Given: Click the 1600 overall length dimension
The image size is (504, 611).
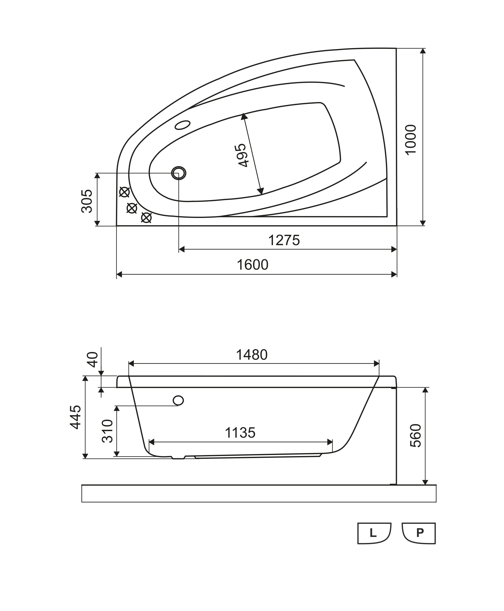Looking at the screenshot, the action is point(253,265).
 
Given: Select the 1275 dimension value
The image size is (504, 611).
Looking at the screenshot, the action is point(284,240).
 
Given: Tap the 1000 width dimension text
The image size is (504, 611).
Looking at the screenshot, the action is point(411,140).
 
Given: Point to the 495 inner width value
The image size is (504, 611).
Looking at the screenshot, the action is point(242,155).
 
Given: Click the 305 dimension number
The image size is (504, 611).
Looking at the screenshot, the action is point(86,201).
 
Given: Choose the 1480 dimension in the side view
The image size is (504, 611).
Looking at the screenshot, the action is point(252,355).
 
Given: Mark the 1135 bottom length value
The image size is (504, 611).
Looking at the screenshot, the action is point(240,433).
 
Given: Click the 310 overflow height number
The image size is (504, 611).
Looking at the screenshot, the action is point(107,431).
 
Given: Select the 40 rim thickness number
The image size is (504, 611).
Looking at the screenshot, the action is point(93,359).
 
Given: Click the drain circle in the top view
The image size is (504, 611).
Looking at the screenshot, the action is point(179,173).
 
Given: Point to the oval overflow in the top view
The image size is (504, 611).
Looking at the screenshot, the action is point(183,125).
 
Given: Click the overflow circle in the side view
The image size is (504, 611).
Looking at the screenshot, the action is point(178,401).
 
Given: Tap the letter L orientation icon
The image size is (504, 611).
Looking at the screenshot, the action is point(374,533).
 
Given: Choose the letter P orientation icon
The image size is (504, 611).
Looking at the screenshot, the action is point(419,533).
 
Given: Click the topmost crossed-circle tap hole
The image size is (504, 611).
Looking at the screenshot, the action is point(124,192).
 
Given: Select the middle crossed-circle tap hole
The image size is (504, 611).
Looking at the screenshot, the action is point(132,208).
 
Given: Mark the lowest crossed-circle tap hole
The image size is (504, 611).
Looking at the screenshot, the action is point(146,217).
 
